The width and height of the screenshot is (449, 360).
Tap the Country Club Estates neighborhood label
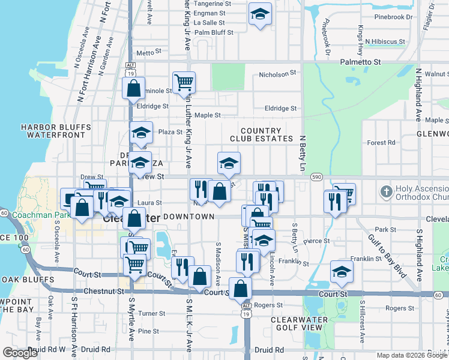(260, 134)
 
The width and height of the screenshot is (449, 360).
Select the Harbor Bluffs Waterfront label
(56, 131)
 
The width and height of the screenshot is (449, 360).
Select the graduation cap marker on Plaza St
(141, 133)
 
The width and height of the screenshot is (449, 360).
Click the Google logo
(20, 353)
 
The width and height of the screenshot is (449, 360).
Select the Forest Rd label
(382, 143)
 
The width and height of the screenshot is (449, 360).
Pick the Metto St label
(145, 53)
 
